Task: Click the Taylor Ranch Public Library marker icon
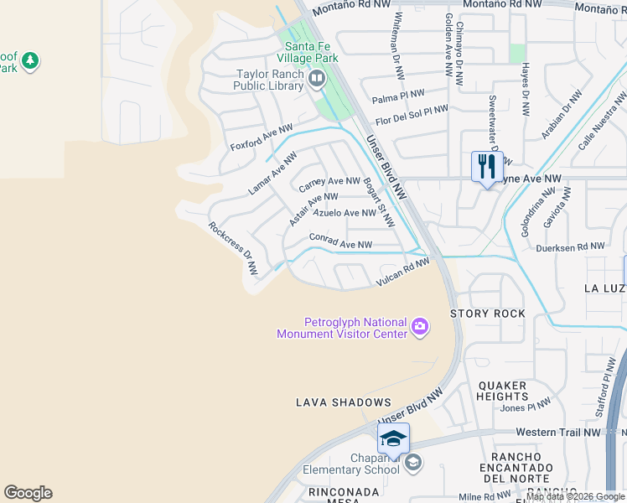317,80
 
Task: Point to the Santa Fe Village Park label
311,52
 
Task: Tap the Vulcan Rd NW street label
402,273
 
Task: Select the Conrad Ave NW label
340,241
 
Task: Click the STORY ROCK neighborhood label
488,314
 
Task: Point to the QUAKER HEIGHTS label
503,391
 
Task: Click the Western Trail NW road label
559,432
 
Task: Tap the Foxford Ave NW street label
262,138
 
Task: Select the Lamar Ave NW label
272,174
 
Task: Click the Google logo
28,493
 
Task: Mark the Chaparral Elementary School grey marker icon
412,463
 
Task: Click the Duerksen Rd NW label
570,246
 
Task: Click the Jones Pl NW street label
526,407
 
